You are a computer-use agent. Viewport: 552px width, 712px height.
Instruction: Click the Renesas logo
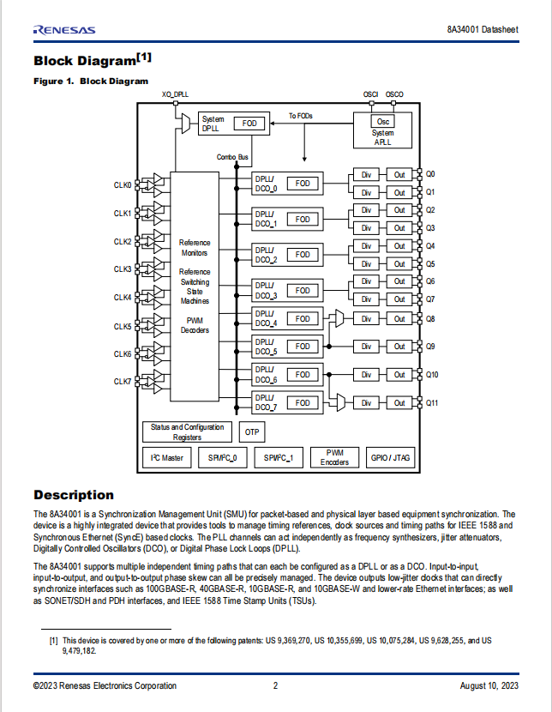(64, 30)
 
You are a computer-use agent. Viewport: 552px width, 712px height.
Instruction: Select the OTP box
(252, 431)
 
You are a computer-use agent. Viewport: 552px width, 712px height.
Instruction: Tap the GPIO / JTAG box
(390, 458)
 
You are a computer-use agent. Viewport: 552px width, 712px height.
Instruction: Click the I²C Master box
(166, 458)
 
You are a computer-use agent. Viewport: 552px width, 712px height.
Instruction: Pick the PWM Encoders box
(334, 458)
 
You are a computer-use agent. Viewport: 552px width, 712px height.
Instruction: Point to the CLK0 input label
(123, 185)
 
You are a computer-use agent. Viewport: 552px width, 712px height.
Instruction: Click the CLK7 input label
(123, 382)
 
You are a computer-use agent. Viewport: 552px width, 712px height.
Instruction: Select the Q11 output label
(432, 403)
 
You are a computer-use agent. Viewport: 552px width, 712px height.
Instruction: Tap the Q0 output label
(430, 174)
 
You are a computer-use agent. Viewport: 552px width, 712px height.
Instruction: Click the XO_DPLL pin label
(175, 94)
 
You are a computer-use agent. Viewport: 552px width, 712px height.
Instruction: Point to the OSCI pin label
(370, 94)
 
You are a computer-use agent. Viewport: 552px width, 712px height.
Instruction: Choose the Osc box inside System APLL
(383, 121)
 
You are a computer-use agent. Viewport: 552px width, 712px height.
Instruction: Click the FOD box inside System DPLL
(249, 123)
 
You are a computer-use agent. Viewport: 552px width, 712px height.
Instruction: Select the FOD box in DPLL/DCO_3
(303, 291)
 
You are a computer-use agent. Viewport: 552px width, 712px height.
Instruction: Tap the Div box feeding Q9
(366, 347)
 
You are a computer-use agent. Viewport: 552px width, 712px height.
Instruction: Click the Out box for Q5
(399, 264)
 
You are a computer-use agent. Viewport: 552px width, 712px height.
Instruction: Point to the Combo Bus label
(232, 157)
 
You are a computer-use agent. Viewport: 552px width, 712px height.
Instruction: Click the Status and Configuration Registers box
(187, 431)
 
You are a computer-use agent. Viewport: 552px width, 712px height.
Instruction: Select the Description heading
(74, 495)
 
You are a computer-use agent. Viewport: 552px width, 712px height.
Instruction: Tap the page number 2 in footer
(275, 685)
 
